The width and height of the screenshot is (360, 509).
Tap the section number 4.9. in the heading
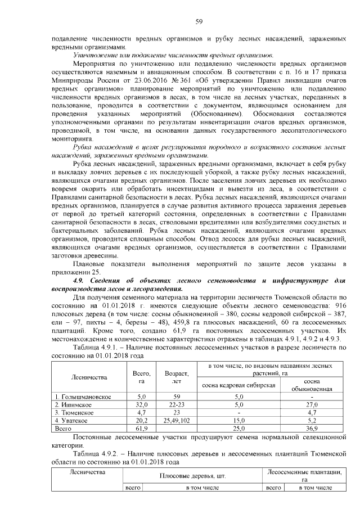click(83, 280)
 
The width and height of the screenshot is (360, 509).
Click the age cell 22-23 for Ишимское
click(175, 404)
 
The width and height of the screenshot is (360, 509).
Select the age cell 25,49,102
click(175, 420)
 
